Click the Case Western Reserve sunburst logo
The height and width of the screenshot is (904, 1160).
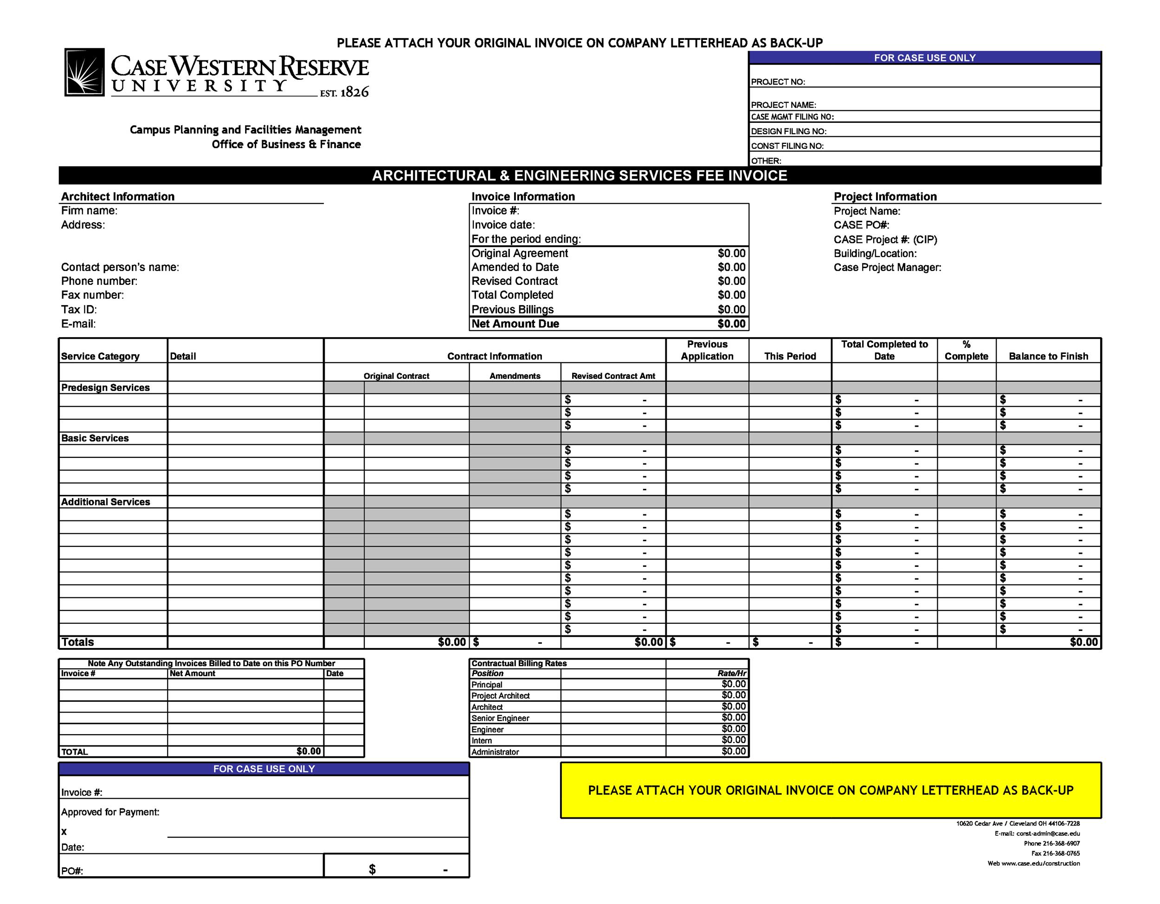84,72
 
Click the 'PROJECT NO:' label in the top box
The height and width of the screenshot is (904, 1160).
778,82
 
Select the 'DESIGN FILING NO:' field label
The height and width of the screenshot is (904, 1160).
788,131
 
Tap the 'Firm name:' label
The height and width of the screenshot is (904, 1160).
89,211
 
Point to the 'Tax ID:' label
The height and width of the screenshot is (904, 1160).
78,309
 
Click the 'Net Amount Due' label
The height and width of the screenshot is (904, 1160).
515,324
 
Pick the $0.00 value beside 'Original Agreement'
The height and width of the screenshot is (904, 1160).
731,253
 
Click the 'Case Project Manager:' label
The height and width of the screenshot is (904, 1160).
887,268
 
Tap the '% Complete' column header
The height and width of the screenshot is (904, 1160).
966,350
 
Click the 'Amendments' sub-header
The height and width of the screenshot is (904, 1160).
515,376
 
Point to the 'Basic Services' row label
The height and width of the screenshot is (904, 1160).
95,438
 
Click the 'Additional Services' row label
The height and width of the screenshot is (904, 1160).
106,502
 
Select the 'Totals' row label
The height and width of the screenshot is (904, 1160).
77,642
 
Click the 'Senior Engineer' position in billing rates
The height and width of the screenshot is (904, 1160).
500,718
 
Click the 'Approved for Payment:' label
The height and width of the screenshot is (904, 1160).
110,812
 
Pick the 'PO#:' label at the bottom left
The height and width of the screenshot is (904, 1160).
72,871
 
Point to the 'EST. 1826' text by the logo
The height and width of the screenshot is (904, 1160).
344,92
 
